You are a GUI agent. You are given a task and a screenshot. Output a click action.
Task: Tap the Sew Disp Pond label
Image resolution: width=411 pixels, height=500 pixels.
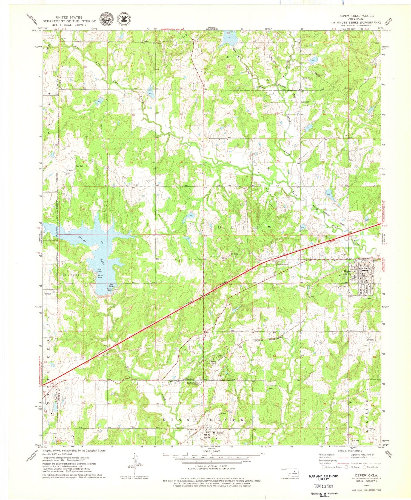click(188, 379)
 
